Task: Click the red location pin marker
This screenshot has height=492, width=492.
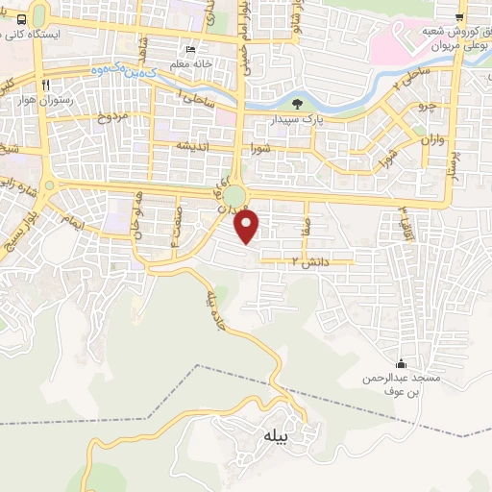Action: click(x=249, y=227)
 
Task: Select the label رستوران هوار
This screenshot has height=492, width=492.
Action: click(x=45, y=100)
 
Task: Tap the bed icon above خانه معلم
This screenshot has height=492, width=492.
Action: click(x=190, y=49)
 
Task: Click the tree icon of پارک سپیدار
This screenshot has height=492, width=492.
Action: click(x=296, y=102)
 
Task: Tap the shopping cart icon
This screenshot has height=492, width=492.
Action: click(x=460, y=16)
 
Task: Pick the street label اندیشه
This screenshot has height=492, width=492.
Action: click(x=192, y=145)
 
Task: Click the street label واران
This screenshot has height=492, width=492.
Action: click(x=430, y=139)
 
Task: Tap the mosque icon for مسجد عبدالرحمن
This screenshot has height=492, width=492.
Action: click(x=402, y=364)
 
